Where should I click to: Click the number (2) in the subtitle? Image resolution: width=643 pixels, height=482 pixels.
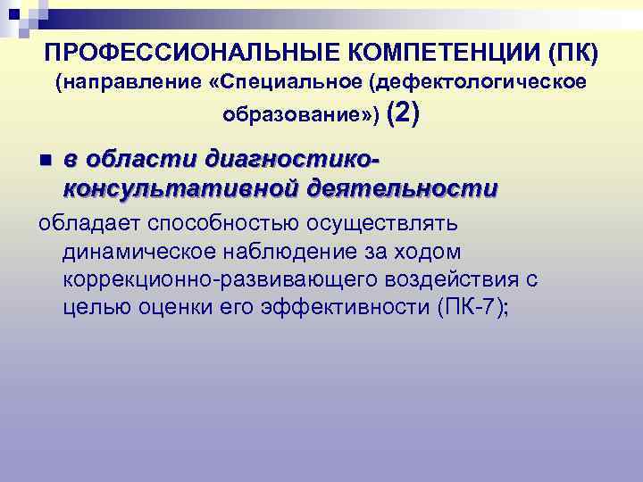click(404, 112)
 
